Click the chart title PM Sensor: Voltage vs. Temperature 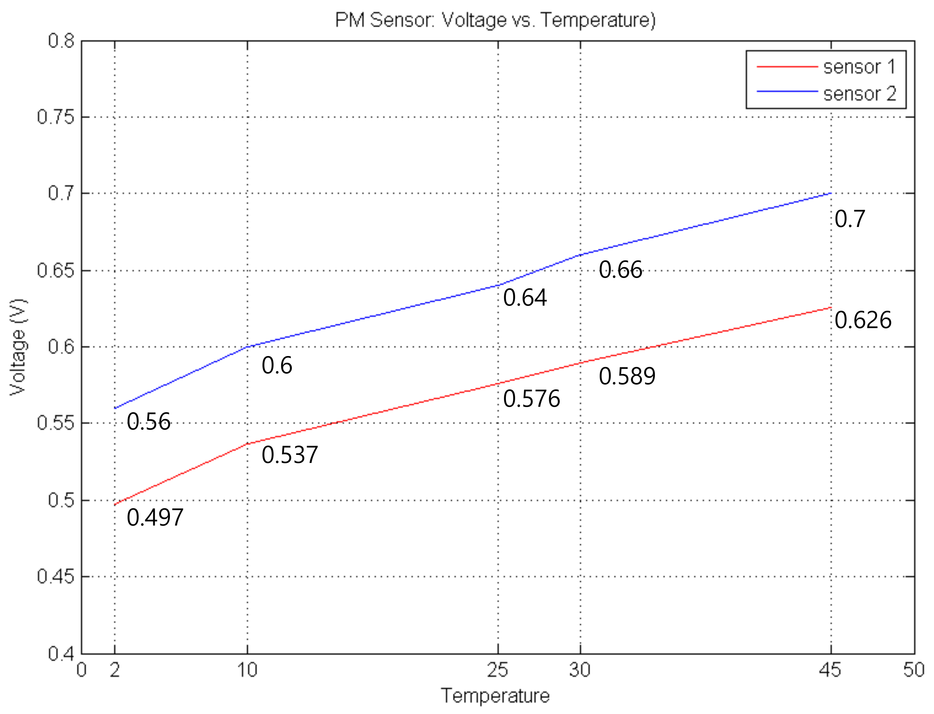coord(495,20)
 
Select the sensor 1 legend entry coord(859,67)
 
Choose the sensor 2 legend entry coord(859,93)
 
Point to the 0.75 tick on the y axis coord(56,117)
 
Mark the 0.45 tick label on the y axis coord(56,577)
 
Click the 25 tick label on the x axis coord(498,670)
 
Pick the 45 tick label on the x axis coord(830,670)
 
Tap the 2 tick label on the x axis coord(114,670)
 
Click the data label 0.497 coord(155,517)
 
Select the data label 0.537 coord(289,455)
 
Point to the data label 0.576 coord(532,399)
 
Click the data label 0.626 coord(863,320)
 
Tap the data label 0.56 coord(148,422)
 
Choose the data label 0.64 coord(524,298)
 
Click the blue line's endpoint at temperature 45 coord(831,193)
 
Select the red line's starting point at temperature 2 coord(115,504)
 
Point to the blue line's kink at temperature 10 coord(247,347)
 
